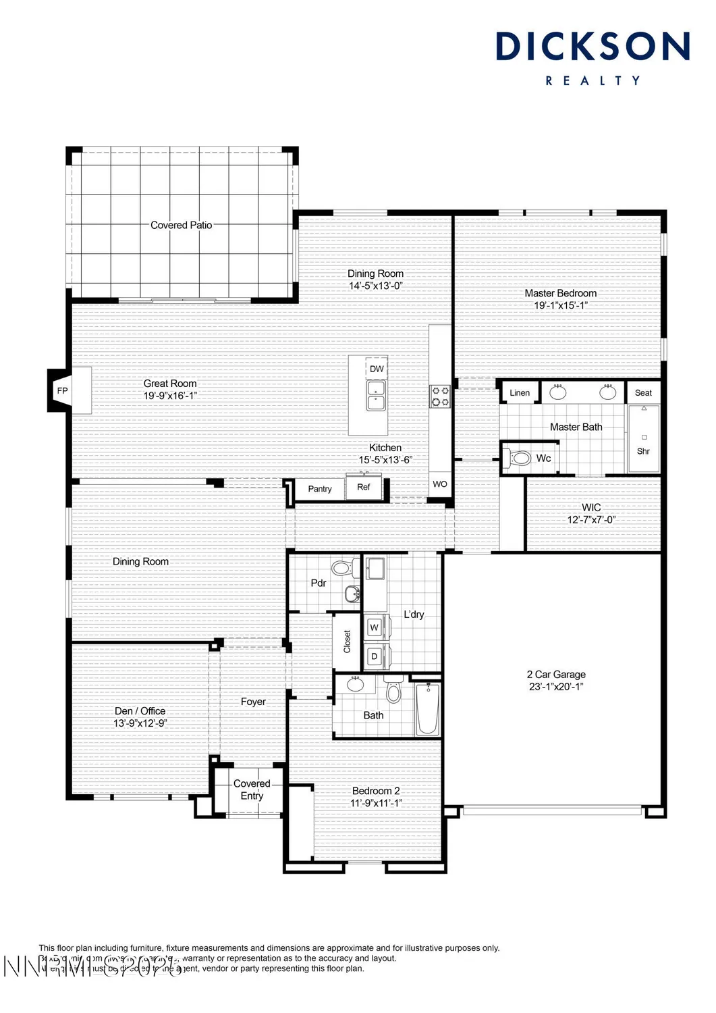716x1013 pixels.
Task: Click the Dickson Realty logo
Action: [593, 58]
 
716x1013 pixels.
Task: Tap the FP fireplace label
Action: [63, 391]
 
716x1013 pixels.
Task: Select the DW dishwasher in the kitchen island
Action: [377, 369]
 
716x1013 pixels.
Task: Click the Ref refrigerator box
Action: [363, 487]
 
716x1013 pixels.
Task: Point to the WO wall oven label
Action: [440, 484]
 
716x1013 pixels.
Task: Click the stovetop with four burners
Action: [441, 396]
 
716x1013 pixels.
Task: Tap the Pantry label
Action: [320, 489]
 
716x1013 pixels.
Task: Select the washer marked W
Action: [375, 627]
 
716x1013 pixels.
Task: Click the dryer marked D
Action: [375, 656]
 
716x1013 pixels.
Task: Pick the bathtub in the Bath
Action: [427, 709]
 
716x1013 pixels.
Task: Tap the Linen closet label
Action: [520, 393]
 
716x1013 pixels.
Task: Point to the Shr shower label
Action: [643, 451]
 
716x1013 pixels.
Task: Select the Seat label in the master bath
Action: [643, 393]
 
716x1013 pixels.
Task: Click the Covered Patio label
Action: [181, 226]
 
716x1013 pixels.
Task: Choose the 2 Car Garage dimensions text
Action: [555, 687]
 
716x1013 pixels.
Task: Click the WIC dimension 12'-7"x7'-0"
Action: [591, 519]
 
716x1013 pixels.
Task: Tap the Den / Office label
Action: [140, 711]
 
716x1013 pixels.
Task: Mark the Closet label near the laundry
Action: [347, 642]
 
